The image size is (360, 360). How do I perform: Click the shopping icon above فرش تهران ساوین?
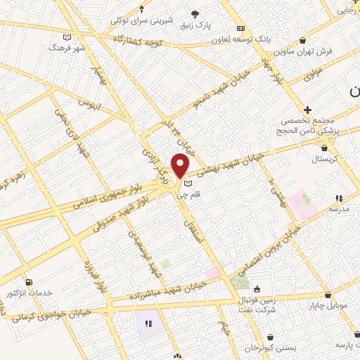tap(303, 41)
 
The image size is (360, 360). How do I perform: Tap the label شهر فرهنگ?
tap(62, 47)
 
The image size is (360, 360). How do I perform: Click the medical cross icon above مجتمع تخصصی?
tap(307, 110)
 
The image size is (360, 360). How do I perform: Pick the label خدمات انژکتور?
tap(29, 292)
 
